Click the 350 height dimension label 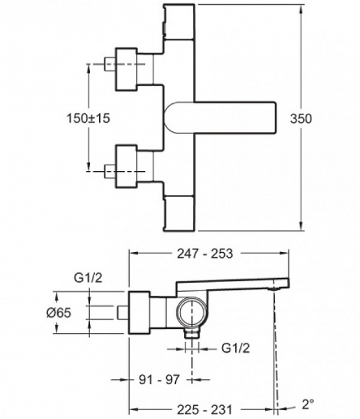coord(301,119)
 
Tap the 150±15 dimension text coord(88,118)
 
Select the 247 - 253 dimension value coord(205,253)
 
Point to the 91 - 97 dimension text coord(159,379)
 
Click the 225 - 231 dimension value coord(205,410)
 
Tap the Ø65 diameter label coord(59,313)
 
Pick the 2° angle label coord(308,404)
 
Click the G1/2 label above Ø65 coord(88,278)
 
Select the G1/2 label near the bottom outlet coord(236,348)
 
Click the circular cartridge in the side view coord(191,312)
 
